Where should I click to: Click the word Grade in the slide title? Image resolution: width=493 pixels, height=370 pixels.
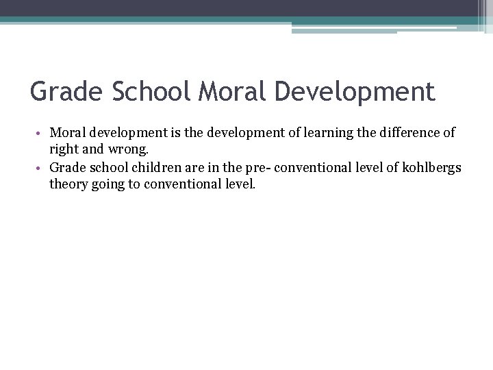tap(62, 91)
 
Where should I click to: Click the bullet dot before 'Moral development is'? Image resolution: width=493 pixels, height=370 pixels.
tap(42, 132)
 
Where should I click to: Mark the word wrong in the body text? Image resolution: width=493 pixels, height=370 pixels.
tap(123, 148)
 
